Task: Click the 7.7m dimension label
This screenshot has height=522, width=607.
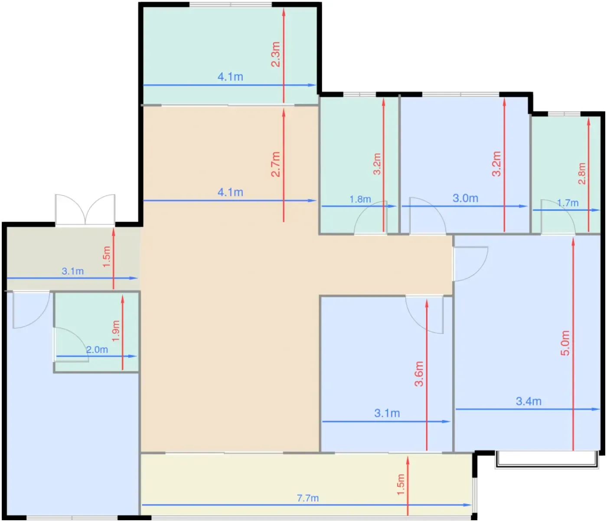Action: [x=307, y=498]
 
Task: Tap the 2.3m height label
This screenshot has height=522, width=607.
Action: [x=275, y=54]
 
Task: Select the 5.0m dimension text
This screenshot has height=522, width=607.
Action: [x=565, y=343]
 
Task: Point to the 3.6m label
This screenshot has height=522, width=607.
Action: [x=419, y=374]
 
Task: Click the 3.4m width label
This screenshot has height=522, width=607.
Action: [x=529, y=401]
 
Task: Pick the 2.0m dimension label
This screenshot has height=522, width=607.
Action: [x=97, y=349]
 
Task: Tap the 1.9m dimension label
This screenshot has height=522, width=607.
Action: [x=116, y=331]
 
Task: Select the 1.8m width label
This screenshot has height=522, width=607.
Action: [x=360, y=199]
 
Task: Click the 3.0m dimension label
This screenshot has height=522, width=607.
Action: [x=466, y=198]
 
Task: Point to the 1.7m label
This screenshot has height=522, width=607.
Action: [x=568, y=203]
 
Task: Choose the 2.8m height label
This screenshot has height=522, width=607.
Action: [x=582, y=174]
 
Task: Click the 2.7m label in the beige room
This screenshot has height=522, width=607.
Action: [x=275, y=164]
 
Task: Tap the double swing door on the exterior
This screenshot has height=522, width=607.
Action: [x=85, y=210]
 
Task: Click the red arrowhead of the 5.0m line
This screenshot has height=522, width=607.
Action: [x=573, y=242]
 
